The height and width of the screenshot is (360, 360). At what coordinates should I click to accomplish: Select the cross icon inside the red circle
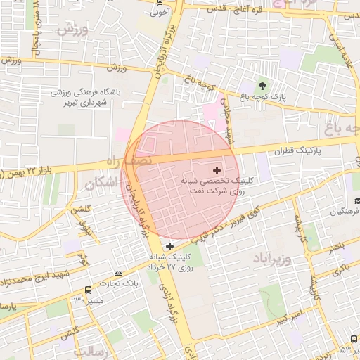[x=216, y=169]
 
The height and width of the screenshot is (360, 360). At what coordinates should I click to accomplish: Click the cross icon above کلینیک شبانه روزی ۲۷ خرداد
[x=169, y=245]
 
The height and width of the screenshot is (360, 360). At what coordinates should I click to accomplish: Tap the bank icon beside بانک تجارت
[x=118, y=273]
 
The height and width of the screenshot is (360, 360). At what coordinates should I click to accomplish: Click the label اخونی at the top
[x=160, y=11]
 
